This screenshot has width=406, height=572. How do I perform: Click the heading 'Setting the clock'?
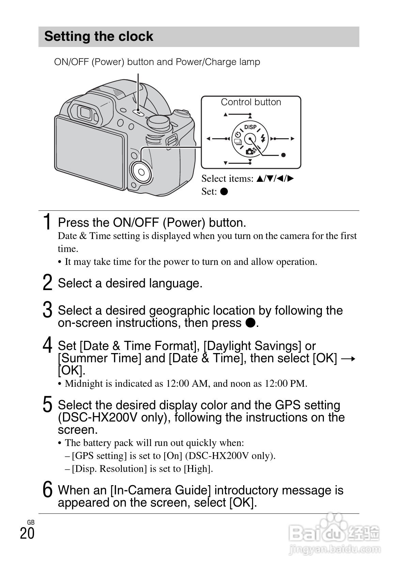(99, 36)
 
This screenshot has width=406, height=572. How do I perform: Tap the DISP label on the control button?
(250, 127)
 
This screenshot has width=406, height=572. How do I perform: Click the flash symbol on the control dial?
(263, 138)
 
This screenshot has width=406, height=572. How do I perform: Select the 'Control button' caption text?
(251, 102)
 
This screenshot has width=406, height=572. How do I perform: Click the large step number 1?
(48, 222)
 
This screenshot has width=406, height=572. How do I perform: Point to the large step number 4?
(48, 345)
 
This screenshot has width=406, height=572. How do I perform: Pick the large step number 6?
(48, 489)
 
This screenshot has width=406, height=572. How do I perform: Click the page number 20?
(27, 533)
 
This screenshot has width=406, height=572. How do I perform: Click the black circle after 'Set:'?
(224, 191)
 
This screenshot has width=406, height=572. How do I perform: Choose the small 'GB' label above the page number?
(31, 522)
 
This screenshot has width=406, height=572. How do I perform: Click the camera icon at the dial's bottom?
(250, 151)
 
